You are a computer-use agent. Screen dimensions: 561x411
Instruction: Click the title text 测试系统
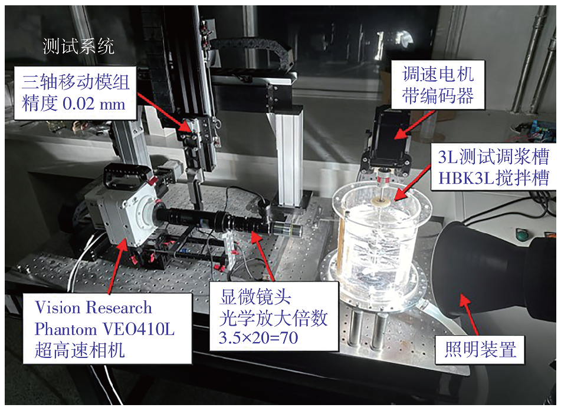pyautogui.click(x=78, y=47)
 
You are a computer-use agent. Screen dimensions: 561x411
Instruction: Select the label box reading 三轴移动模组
pyautogui.click(x=75, y=92)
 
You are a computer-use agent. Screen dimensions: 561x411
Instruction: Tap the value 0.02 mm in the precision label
pyautogui.click(x=94, y=104)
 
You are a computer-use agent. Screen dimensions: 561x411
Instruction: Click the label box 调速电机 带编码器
pyautogui.click(x=438, y=84)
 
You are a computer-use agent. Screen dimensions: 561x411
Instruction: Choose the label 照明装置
pyautogui.click(x=480, y=349)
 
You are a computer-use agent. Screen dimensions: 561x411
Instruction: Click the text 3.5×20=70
pyautogui.click(x=258, y=338)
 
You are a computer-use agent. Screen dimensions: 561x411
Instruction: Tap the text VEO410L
pyautogui.click(x=139, y=329)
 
